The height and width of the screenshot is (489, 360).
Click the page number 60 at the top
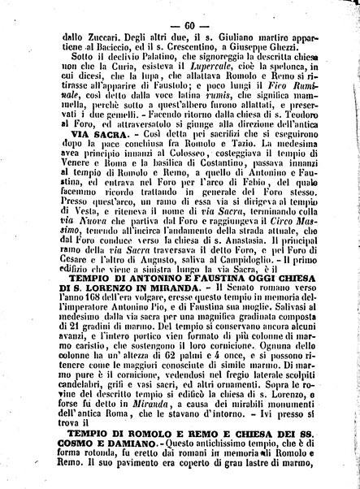pyautogui.click(x=180, y=11)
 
